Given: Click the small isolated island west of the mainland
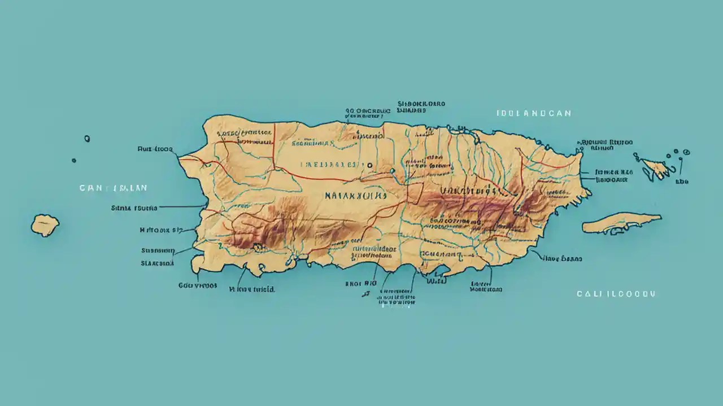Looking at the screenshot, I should click(45, 225).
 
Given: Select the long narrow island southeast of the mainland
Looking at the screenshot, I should click(621, 223).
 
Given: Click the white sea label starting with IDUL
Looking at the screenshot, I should click(534, 113).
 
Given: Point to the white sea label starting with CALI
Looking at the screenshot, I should click(616, 294).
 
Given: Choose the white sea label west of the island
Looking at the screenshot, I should click(113, 188).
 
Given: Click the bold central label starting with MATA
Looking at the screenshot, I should click(356, 196).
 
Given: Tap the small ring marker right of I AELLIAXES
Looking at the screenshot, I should click(369, 166).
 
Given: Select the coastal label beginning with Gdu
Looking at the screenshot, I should click(198, 285).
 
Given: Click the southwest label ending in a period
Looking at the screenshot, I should click(252, 289).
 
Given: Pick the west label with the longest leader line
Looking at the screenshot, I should click(134, 208).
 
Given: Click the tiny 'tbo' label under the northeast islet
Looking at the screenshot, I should click(682, 182).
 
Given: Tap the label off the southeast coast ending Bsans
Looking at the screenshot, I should click(562, 259).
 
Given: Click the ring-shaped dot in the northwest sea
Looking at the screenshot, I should click(87, 138).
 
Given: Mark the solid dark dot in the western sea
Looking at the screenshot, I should click(74, 160).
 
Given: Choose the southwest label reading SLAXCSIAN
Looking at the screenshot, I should click(157, 263).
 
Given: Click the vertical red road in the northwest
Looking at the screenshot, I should click(274, 149).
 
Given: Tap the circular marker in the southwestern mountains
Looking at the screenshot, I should click(259, 246).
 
